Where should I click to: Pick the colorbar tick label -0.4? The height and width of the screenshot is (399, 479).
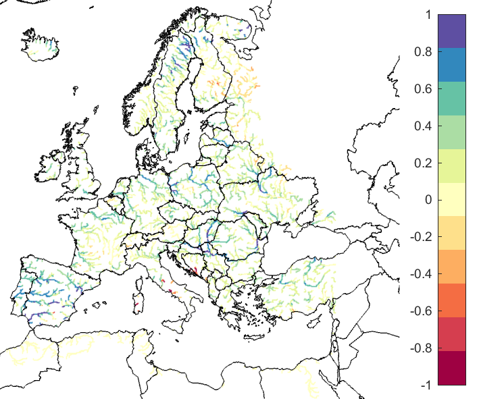[x=420, y=274]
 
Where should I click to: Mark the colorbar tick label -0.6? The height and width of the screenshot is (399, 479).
[x=420, y=311]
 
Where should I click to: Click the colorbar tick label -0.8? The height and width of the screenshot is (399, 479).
[x=420, y=348]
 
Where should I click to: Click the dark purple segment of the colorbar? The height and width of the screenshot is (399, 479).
[x=452, y=31]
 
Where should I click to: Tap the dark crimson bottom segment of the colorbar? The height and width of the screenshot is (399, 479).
[x=452, y=368]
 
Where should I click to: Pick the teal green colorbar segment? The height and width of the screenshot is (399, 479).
[x=452, y=99]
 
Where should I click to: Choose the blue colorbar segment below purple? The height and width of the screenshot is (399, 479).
[x=452, y=65]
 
